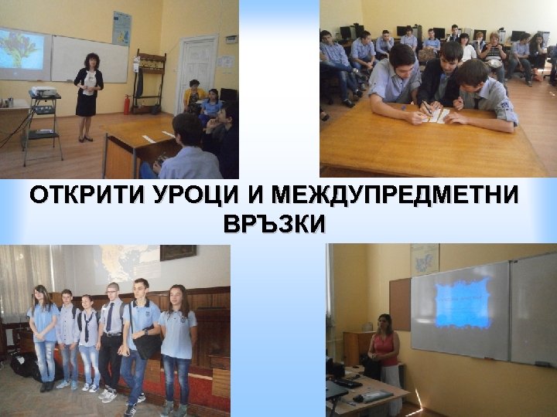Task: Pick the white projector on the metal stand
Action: click(44, 97)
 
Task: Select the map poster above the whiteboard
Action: click(121, 29)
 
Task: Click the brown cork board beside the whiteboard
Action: click(400, 303)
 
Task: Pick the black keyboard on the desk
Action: click(347, 383)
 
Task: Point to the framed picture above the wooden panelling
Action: click(178, 253)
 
